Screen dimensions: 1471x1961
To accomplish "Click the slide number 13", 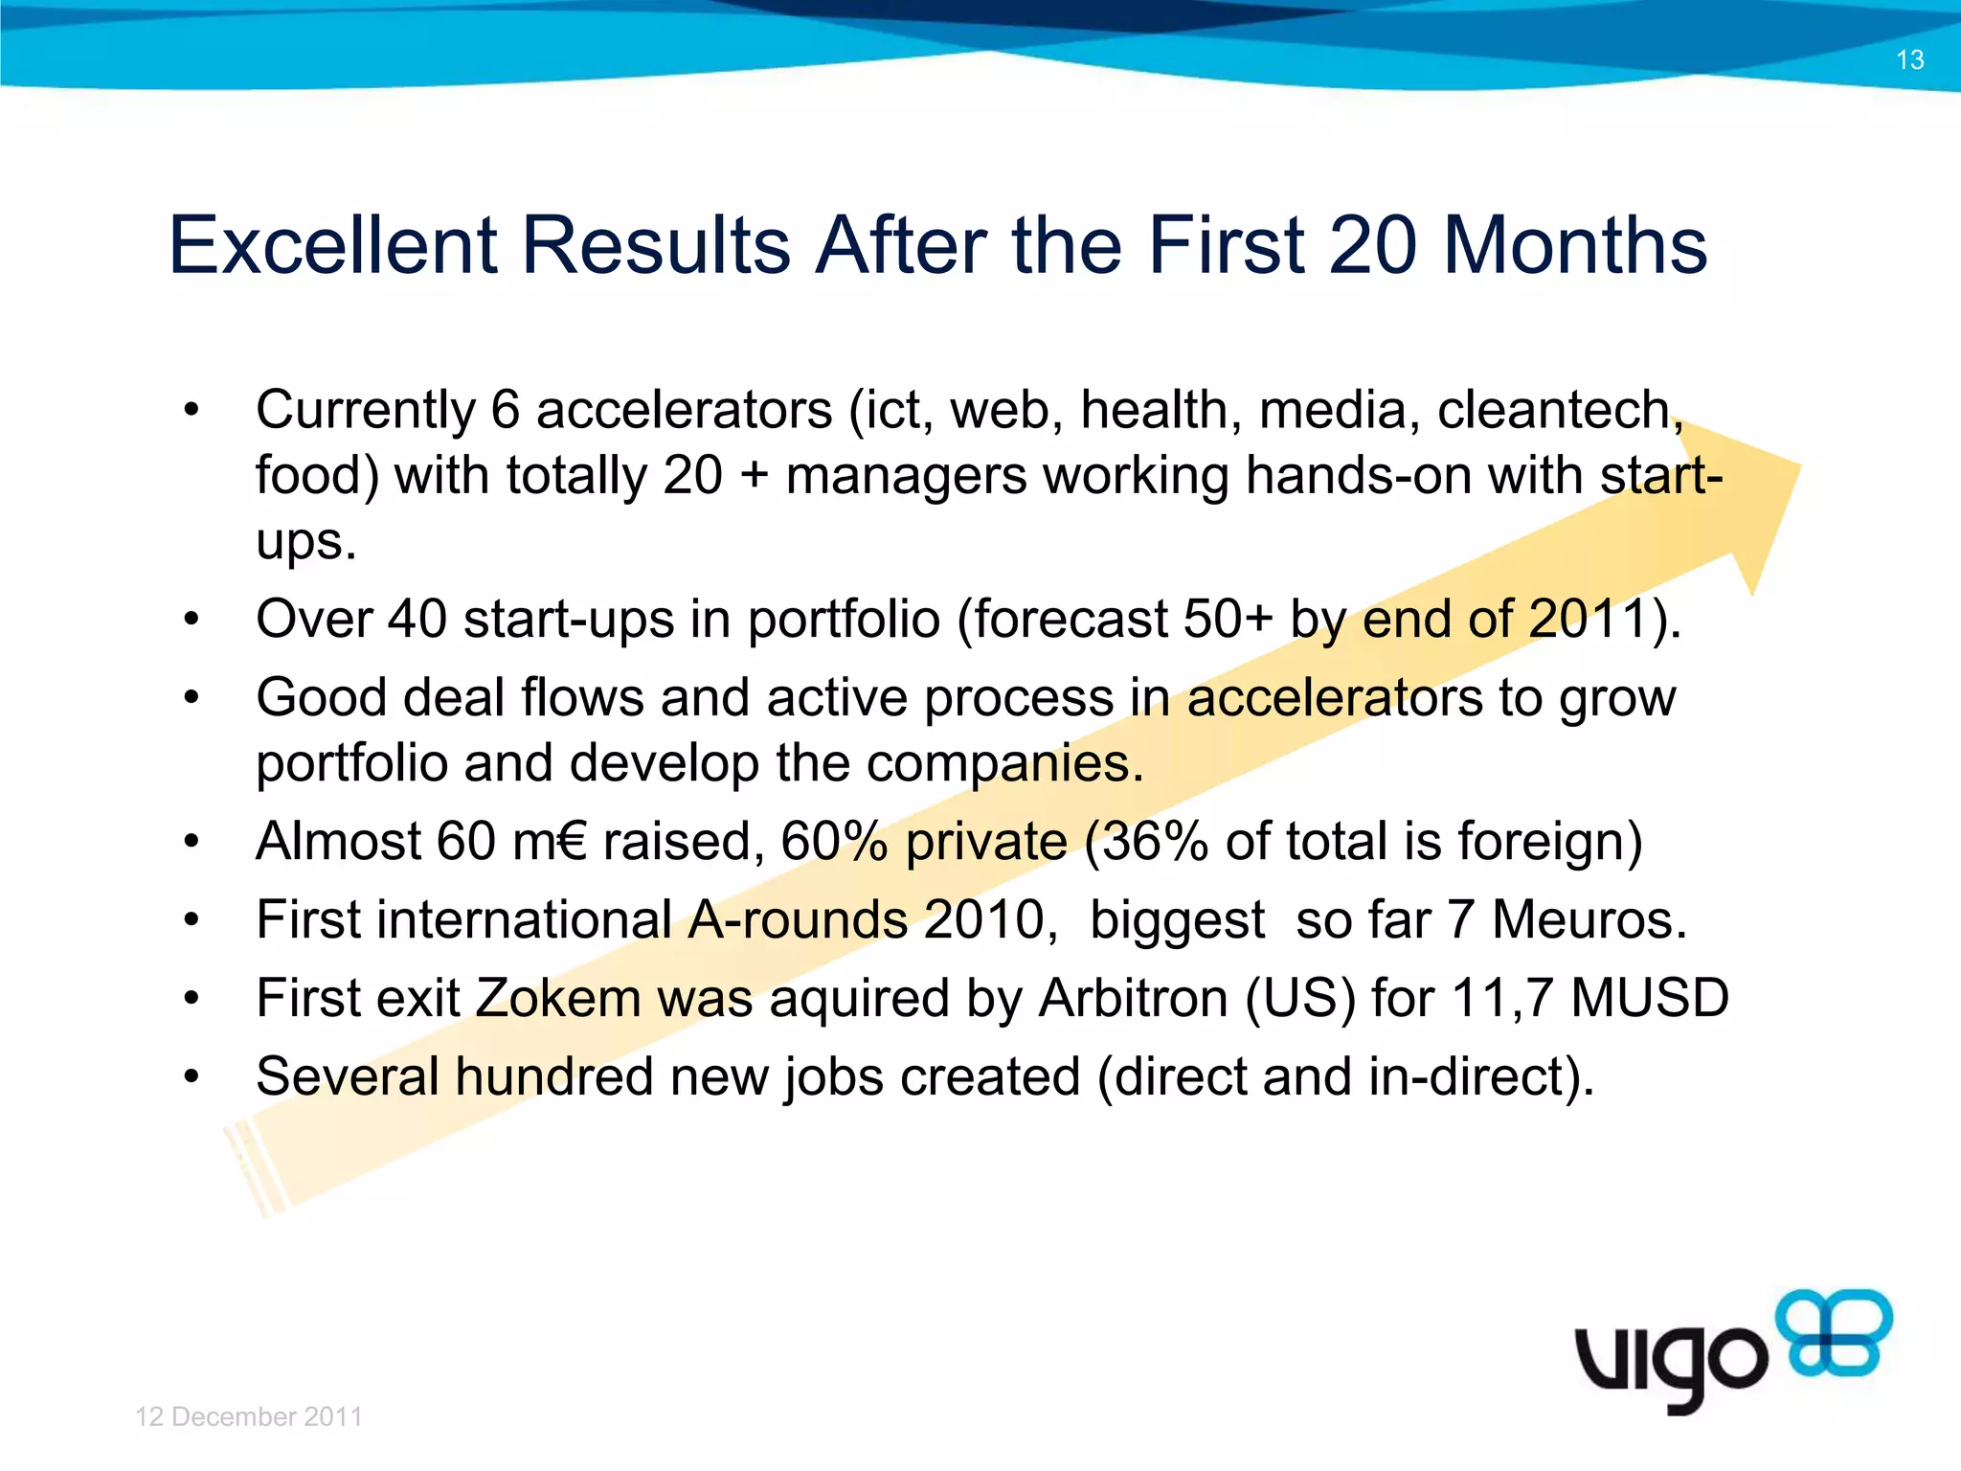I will pos(1909,60).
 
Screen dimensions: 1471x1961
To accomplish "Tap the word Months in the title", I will pos(1575,246).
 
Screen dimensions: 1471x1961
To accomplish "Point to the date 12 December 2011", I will pos(249,1416).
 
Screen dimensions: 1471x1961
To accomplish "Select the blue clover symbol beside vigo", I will pos(1834,1333).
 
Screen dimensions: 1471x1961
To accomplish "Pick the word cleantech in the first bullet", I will pos(1555,411).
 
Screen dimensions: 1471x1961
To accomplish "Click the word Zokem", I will pos(558,998).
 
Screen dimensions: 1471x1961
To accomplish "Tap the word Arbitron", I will pos(1134,998).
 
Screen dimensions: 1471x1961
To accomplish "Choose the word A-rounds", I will pos(798,920).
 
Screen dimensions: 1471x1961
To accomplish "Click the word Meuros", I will pos(1589,920).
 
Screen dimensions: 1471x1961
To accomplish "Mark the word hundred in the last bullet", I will pos(553,1076).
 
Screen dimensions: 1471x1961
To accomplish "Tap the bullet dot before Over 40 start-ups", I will pos(192,620).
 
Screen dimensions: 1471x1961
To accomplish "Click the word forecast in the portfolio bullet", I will pos(1070,620).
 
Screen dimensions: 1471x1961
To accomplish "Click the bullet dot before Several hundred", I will pos(192,1077).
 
